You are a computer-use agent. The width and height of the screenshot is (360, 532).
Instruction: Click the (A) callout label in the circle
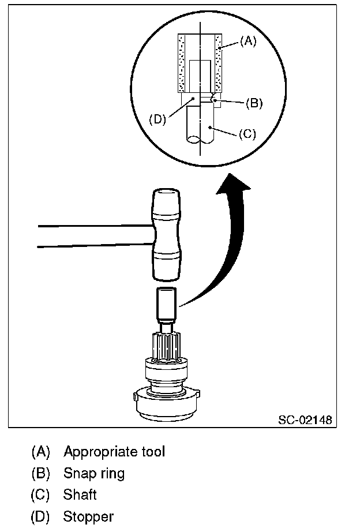point(248,42)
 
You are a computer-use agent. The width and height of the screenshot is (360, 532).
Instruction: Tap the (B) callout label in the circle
point(254,103)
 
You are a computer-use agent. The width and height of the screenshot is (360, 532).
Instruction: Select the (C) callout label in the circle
point(247,134)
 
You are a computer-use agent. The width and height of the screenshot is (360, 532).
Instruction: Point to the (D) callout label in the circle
point(157,119)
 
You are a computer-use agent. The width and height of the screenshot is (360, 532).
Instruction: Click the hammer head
point(166,235)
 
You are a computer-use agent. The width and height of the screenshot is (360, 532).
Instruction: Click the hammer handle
point(95,235)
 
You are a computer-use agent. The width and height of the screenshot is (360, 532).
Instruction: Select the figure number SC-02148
point(305,419)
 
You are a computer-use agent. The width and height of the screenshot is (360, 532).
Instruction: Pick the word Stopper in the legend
point(88,517)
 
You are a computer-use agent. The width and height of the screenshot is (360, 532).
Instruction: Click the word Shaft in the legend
point(80,495)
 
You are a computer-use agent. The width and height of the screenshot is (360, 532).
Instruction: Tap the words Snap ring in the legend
point(94,474)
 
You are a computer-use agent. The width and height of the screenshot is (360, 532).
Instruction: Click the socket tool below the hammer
point(167,305)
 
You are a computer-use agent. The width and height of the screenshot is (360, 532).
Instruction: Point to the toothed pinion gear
point(166,346)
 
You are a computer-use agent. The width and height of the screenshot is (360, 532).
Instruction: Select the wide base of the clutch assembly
point(166,405)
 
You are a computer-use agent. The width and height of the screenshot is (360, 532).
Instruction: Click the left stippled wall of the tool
point(182,63)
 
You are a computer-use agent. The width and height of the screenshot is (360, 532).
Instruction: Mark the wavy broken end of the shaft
point(200,140)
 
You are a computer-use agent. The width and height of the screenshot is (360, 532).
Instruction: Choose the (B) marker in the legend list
point(40,474)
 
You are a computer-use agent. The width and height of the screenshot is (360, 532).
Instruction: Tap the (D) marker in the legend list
point(40,517)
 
